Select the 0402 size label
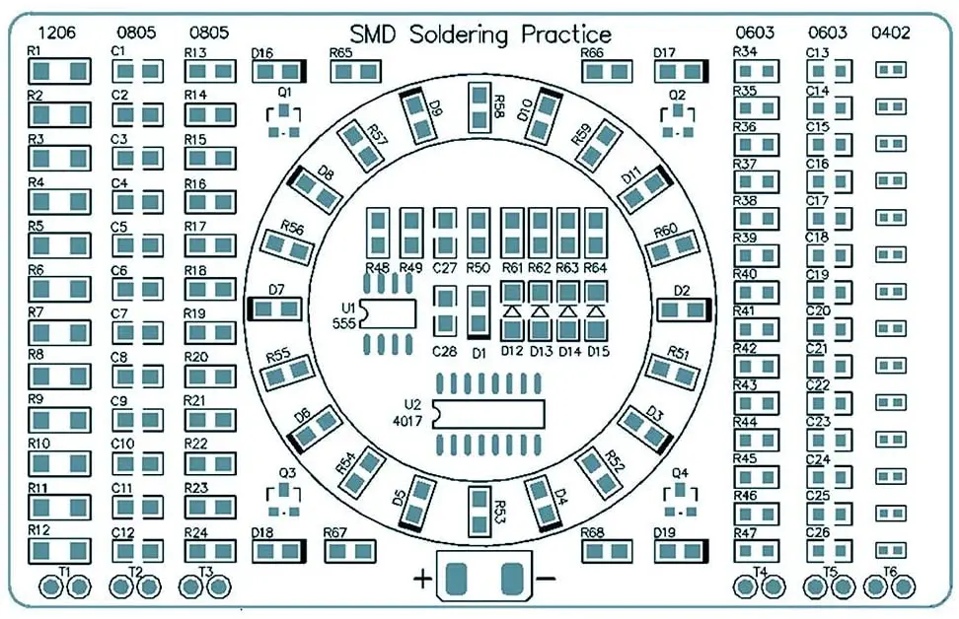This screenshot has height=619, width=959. [x=891, y=33]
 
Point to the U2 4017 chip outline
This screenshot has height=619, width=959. [x=487, y=415]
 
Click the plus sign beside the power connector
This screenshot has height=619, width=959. [x=421, y=580]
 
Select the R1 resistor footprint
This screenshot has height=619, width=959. [x=60, y=71]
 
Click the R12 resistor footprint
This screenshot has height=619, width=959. [x=60, y=550]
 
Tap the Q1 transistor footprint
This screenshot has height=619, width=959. [x=285, y=119]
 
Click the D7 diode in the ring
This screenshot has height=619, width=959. [x=275, y=309]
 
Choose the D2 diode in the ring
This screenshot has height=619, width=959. [x=685, y=309]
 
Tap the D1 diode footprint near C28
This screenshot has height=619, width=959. [x=479, y=311]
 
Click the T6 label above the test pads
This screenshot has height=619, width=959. [x=890, y=571]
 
